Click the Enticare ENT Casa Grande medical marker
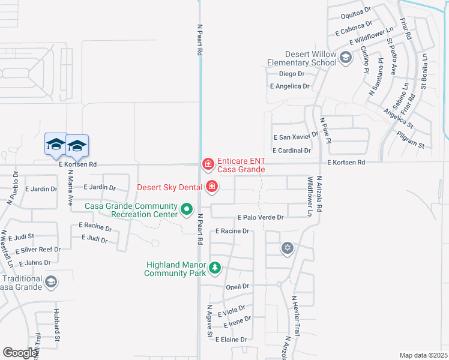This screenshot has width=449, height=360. pyautogui.click(x=208, y=163)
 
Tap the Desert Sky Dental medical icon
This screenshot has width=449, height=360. pyautogui.click(x=211, y=187)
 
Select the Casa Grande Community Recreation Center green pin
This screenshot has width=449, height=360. pyautogui.click(x=187, y=210)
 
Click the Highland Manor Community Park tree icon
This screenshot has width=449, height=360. pyautogui.click(x=214, y=268)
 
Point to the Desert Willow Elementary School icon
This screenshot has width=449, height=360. pyautogui.click(x=345, y=58)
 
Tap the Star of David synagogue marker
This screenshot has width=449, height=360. pyautogui.click(x=288, y=248)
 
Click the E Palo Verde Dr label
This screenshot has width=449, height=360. pyautogui.click(x=261, y=217)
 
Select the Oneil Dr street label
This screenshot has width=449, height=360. pyautogui.click(x=237, y=287)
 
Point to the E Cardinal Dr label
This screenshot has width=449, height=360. pyautogui.click(x=291, y=151)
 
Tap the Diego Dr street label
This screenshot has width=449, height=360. pyautogui.click(x=292, y=74)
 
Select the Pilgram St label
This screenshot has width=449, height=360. pyautogui.click(x=411, y=145)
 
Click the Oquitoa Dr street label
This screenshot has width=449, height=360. pyautogui.click(x=353, y=16)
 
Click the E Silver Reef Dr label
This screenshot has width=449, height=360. pyautogui.click(x=38, y=250)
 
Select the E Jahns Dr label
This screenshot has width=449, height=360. pyautogui.click(x=34, y=263)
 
